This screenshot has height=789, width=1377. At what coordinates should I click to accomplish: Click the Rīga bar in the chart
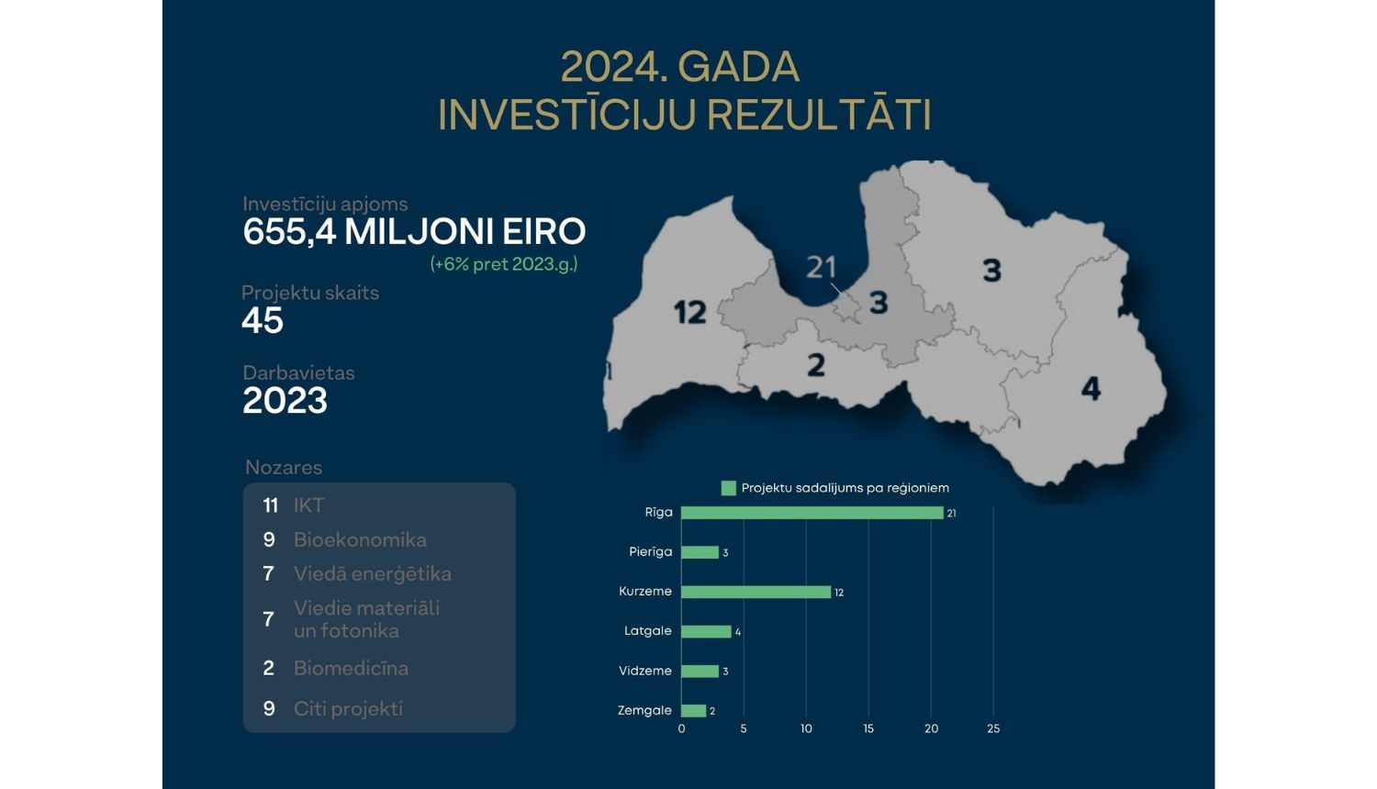pyautogui.click(x=812, y=513)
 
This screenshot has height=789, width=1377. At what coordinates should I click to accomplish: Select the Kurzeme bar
pyautogui.click(x=756, y=592)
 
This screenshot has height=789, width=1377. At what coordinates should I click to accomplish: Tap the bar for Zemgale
pyautogui.click(x=694, y=710)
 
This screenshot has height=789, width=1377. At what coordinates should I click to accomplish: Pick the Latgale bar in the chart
pyautogui.click(x=706, y=631)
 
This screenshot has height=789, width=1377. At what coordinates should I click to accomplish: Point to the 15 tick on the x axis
pyautogui.click(x=868, y=728)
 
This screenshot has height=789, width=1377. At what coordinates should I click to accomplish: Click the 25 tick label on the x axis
pyautogui.click(x=993, y=728)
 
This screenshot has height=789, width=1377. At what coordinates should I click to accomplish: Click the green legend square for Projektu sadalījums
pyautogui.click(x=729, y=488)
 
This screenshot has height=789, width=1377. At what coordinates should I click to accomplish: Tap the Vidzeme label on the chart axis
pyautogui.click(x=645, y=671)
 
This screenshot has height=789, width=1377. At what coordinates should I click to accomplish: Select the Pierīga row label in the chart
pyautogui.click(x=651, y=551)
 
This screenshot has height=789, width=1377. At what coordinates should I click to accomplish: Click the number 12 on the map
pyautogui.click(x=690, y=312)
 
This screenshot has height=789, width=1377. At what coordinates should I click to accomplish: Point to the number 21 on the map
pyautogui.click(x=822, y=267)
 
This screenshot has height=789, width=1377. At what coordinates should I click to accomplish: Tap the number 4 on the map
pyautogui.click(x=1091, y=388)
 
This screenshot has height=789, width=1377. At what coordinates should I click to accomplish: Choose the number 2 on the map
pyautogui.click(x=816, y=365)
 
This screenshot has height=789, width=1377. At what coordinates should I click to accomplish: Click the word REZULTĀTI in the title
pyautogui.click(x=820, y=116)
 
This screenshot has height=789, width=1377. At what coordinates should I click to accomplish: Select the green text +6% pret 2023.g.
pyautogui.click(x=504, y=264)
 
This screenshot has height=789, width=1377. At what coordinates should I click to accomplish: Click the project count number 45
pyautogui.click(x=263, y=321)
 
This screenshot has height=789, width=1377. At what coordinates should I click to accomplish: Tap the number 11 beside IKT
pyautogui.click(x=270, y=506)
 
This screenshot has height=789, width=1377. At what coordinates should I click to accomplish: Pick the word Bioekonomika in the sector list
pyautogui.click(x=360, y=539)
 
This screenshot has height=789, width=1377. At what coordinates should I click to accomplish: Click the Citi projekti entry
pyautogui.click(x=348, y=708)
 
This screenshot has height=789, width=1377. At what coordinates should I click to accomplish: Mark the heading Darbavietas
pyautogui.click(x=298, y=372)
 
